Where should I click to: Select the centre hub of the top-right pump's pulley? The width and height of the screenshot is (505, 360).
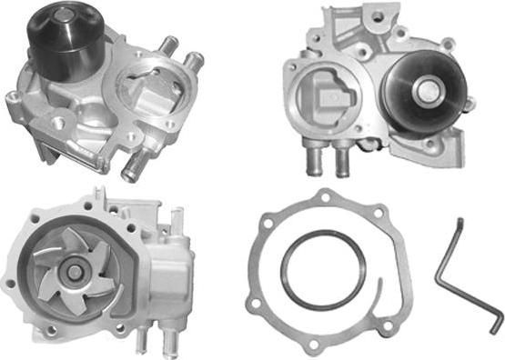click(x=424, y=88)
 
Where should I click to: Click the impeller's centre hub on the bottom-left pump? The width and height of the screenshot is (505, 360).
click(x=74, y=272)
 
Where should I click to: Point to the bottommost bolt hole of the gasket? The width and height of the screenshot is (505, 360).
click(x=314, y=346)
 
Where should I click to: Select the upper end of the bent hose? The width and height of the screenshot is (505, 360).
click(x=460, y=222)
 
